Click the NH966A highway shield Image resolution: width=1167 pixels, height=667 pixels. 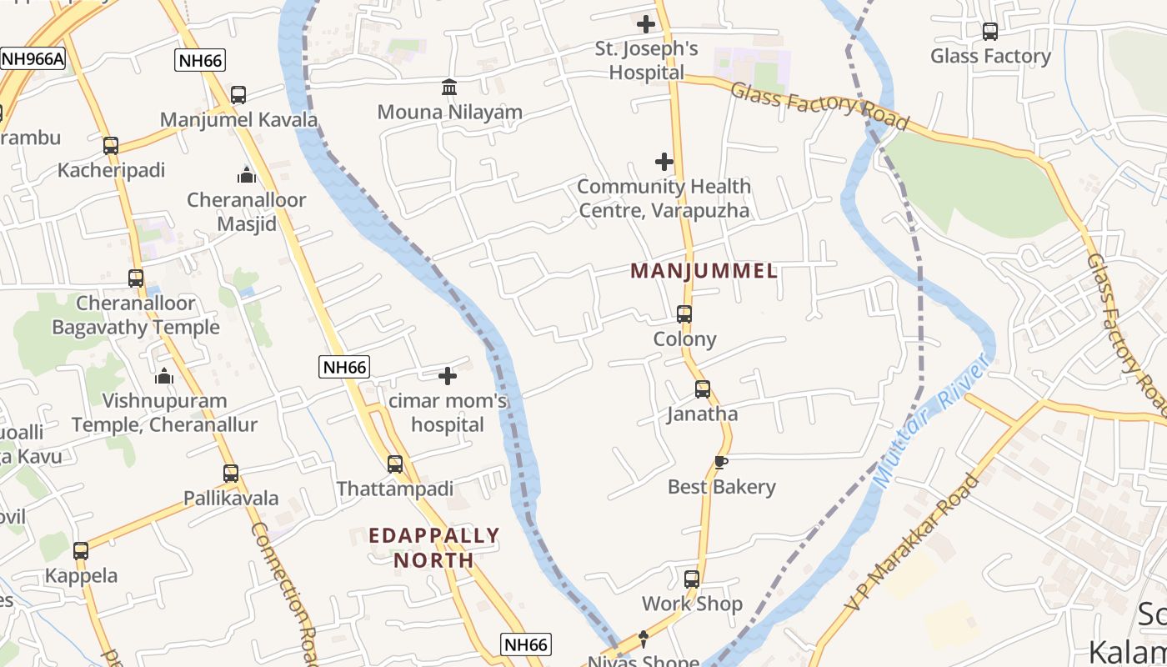(x=33, y=59)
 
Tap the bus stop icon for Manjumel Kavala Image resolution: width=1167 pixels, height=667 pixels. (x=238, y=95)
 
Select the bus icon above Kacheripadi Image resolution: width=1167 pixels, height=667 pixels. (x=111, y=146)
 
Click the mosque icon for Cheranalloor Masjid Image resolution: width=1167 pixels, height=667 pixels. (x=246, y=175)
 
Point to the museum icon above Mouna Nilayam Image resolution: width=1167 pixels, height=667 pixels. (x=449, y=87)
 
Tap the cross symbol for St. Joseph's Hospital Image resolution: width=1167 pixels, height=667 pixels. (x=646, y=24)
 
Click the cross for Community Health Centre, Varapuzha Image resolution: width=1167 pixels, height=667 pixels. (x=664, y=161)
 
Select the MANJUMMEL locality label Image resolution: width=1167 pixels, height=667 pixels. (x=704, y=271)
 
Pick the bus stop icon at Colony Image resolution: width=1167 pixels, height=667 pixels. (x=684, y=314)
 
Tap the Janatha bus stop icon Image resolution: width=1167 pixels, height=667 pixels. (x=703, y=389)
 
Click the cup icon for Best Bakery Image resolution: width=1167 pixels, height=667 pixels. (x=721, y=462)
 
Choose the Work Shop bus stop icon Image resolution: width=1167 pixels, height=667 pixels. (x=692, y=579)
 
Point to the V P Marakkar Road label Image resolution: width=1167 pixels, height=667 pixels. (x=912, y=541)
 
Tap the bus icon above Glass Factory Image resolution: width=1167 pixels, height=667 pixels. (x=990, y=32)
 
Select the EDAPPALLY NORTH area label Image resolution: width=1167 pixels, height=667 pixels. (x=433, y=547)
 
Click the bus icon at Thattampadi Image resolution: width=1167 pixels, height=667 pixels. (x=395, y=464)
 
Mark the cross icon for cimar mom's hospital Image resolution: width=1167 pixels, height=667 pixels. (x=448, y=376)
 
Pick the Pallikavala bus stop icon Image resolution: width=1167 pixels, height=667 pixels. (x=231, y=474)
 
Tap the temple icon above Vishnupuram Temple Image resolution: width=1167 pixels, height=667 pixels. (x=164, y=376)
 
